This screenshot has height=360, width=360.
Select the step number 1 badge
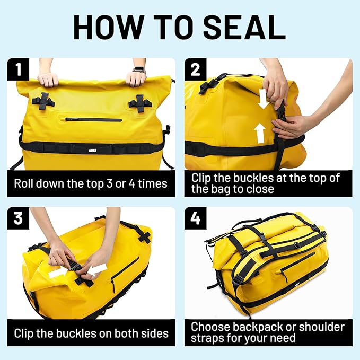pyautogui.click(x=18, y=69)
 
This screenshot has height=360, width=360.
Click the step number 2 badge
pyautogui.click(x=196, y=69)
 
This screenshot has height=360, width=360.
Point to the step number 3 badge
pyautogui.click(x=18, y=218)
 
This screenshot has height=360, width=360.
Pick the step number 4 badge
pyautogui.click(x=196, y=218)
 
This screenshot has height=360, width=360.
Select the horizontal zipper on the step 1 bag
pyautogui.click(x=93, y=119)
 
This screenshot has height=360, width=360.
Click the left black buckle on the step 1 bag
pyautogui.click(x=43, y=101)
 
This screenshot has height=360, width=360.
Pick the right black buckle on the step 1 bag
pyautogui.click(x=139, y=102)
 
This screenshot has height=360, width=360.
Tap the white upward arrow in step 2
pyautogui.click(x=259, y=133)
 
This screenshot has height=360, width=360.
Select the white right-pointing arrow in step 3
pyautogui.click(x=59, y=274)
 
